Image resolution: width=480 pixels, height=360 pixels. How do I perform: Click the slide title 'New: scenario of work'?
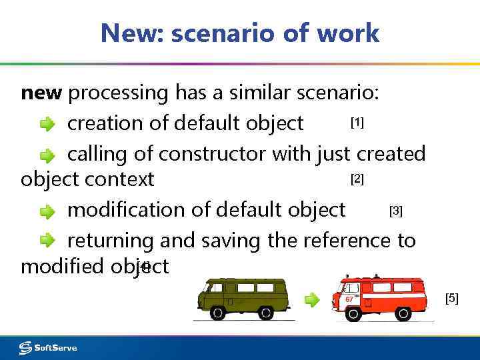(240, 32)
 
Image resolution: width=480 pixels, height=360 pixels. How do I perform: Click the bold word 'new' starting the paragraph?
(42, 93)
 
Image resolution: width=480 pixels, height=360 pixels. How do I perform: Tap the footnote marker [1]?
(357, 123)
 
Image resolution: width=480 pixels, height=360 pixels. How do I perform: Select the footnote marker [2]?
(357, 179)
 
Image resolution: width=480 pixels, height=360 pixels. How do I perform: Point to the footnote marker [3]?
(395, 211)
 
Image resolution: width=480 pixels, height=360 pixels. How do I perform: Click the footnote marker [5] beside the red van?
(452, 299)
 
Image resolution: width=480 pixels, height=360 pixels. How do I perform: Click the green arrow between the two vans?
(312, 299)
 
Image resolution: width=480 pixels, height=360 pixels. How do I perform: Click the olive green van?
(243, 298)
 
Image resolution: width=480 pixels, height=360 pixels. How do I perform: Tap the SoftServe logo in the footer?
(48, 347)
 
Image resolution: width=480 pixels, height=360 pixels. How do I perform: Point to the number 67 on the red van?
(349, 300)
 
